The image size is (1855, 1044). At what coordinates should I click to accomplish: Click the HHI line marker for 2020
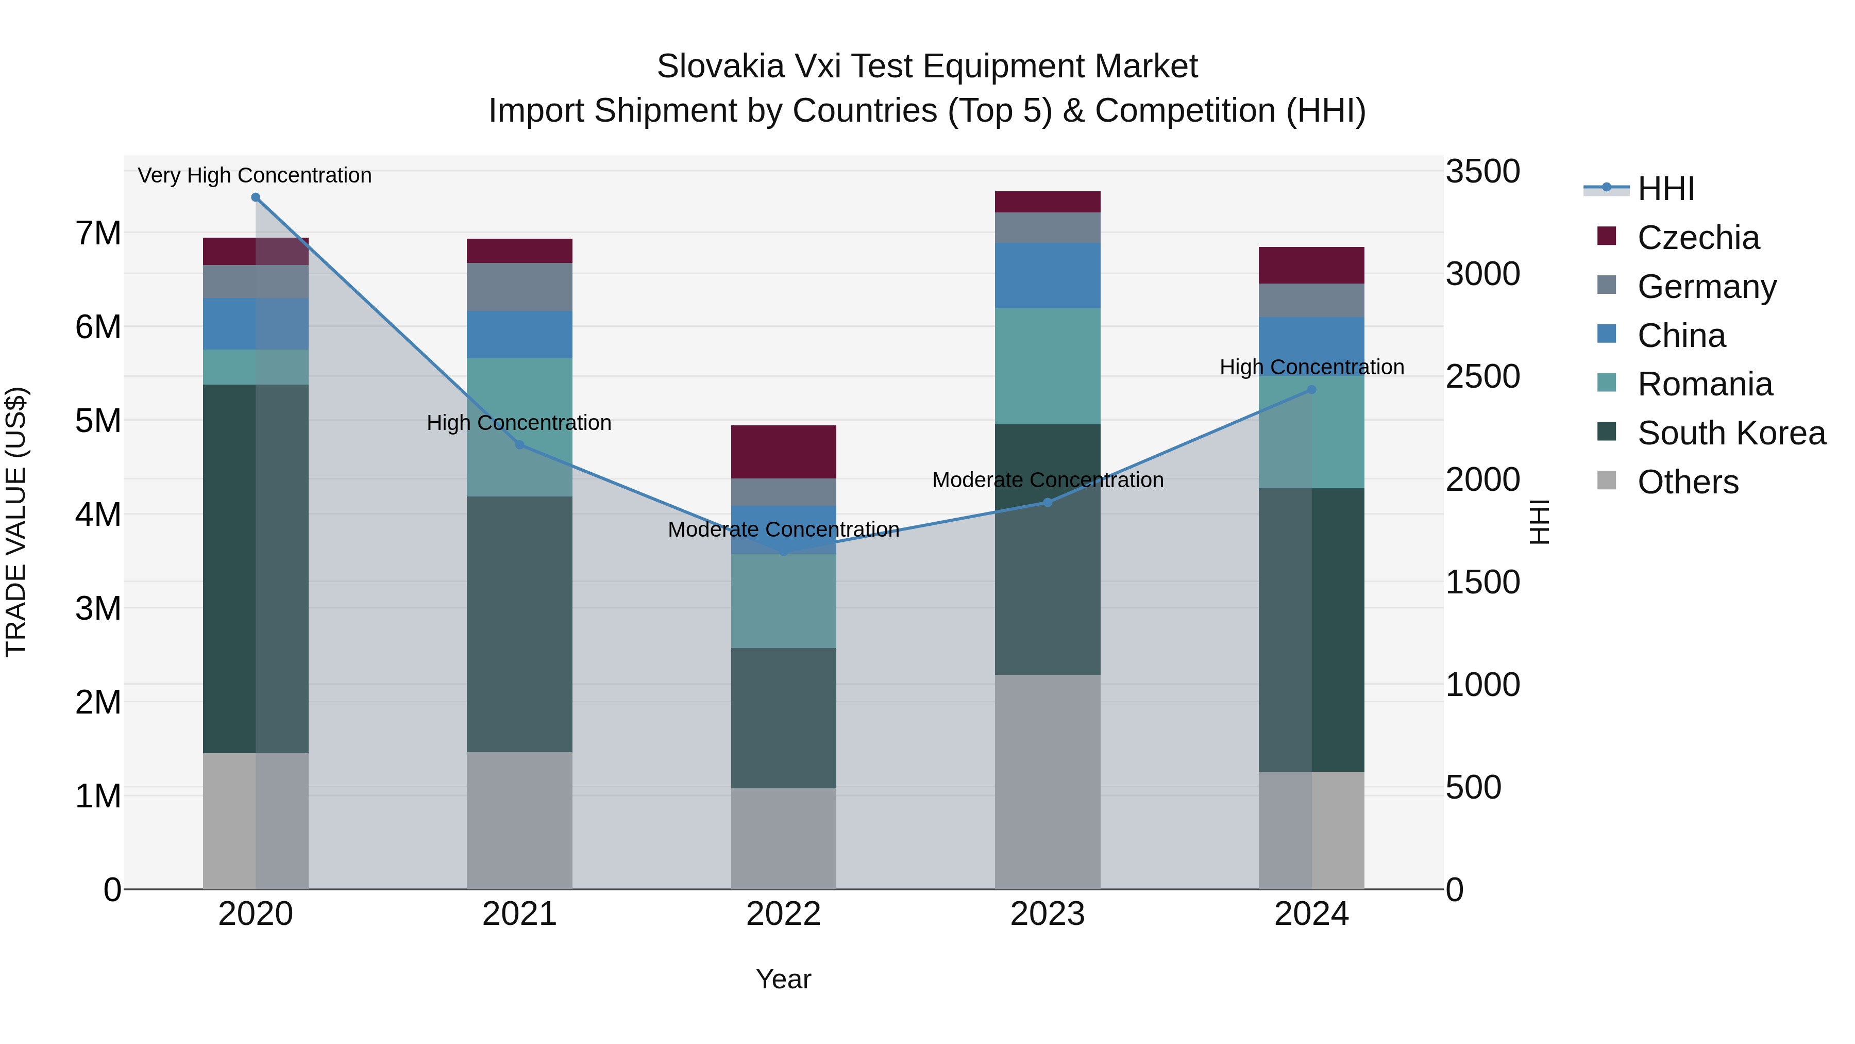256,197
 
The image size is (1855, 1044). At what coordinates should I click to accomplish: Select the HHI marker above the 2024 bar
1311,390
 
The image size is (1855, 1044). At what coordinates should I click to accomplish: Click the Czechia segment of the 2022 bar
783,452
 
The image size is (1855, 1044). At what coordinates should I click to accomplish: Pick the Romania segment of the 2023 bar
1048,366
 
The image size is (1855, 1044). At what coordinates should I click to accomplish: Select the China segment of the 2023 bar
1048,275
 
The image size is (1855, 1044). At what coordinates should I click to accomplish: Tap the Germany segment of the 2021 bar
519,287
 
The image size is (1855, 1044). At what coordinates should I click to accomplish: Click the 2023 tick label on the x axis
1048,914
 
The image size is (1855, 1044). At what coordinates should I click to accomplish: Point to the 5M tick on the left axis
98,421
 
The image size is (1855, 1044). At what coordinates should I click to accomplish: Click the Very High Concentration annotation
255,175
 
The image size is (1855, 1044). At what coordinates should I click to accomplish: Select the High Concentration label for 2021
519,423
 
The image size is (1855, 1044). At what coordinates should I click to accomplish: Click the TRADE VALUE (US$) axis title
16,522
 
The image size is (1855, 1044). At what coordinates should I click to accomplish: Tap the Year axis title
783,979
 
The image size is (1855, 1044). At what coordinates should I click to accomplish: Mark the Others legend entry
1687,482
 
